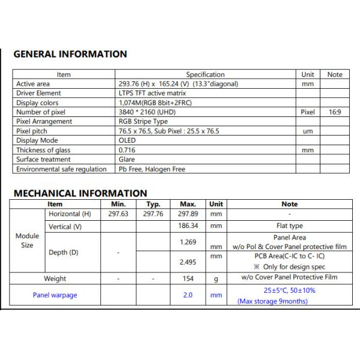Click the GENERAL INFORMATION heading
(70, 54)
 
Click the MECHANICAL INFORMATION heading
(80, 193)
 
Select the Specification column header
(205, 74)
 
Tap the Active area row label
(33, 84)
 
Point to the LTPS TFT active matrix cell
(152, 93)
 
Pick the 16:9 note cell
(335, 112)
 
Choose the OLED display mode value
(127, 140)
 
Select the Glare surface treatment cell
(127, 160)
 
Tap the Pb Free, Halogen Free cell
(152, 169)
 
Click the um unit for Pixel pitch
(307, 131)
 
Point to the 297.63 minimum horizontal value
(117, 214)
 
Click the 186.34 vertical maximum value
(188, 226)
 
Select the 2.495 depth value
(188, 262)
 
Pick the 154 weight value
(188, 279)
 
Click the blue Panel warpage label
(55, 295)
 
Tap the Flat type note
(289, 226)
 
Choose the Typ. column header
(154, 204)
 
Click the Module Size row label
(27, 241)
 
